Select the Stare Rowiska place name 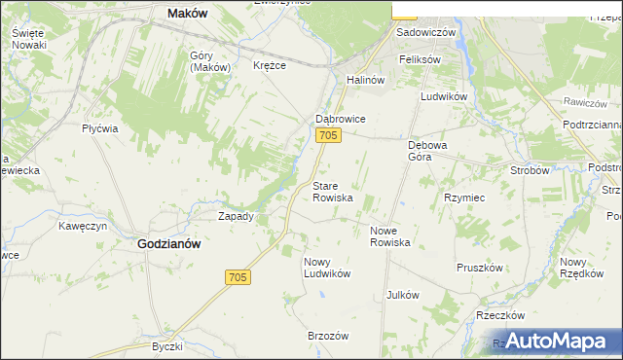tap(332, 191)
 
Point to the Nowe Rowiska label tap(389, 235)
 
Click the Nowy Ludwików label tap(326, 267)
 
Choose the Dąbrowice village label tap(340, 119)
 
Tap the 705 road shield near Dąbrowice tap(328, 136)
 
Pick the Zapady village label tap(236, 216)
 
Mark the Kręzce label tap(270, 65)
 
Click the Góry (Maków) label tap(209, 61)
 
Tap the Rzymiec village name tap(464, 197)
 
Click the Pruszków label tap(479, 267)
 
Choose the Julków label tap(402, 294)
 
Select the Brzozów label tap(328, 335)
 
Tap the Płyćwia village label tap(100, 128)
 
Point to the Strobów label tap(531, 169)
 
